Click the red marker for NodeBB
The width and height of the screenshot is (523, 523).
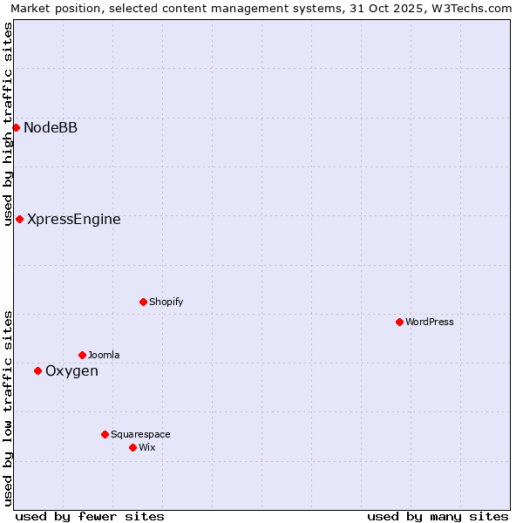[16, 127]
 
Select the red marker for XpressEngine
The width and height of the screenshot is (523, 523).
[19, 219]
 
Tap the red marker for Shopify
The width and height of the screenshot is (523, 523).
[143, 302]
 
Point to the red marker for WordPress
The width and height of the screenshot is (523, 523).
[399, 322]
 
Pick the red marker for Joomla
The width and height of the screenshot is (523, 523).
[82, 355]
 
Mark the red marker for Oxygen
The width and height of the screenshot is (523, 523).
[37, 370]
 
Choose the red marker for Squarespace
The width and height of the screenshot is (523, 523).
[105, 434]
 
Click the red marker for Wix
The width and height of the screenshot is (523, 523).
[132, 447]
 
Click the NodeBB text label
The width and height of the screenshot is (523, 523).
[51, 127]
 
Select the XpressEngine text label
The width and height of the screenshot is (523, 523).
[74, 219]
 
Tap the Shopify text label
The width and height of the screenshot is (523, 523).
[166, 302]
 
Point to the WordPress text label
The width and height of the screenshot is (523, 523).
[429, 322]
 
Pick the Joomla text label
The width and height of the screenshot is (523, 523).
[104, 355]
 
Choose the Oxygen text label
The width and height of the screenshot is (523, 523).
[71, 371]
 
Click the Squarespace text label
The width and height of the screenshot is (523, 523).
[140, 434]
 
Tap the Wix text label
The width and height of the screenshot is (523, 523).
[146, 447]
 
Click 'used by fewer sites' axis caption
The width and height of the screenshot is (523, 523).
[90, 516]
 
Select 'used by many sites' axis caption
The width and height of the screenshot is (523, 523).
[438, 516]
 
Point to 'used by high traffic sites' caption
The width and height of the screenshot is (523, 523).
[8, 124]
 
